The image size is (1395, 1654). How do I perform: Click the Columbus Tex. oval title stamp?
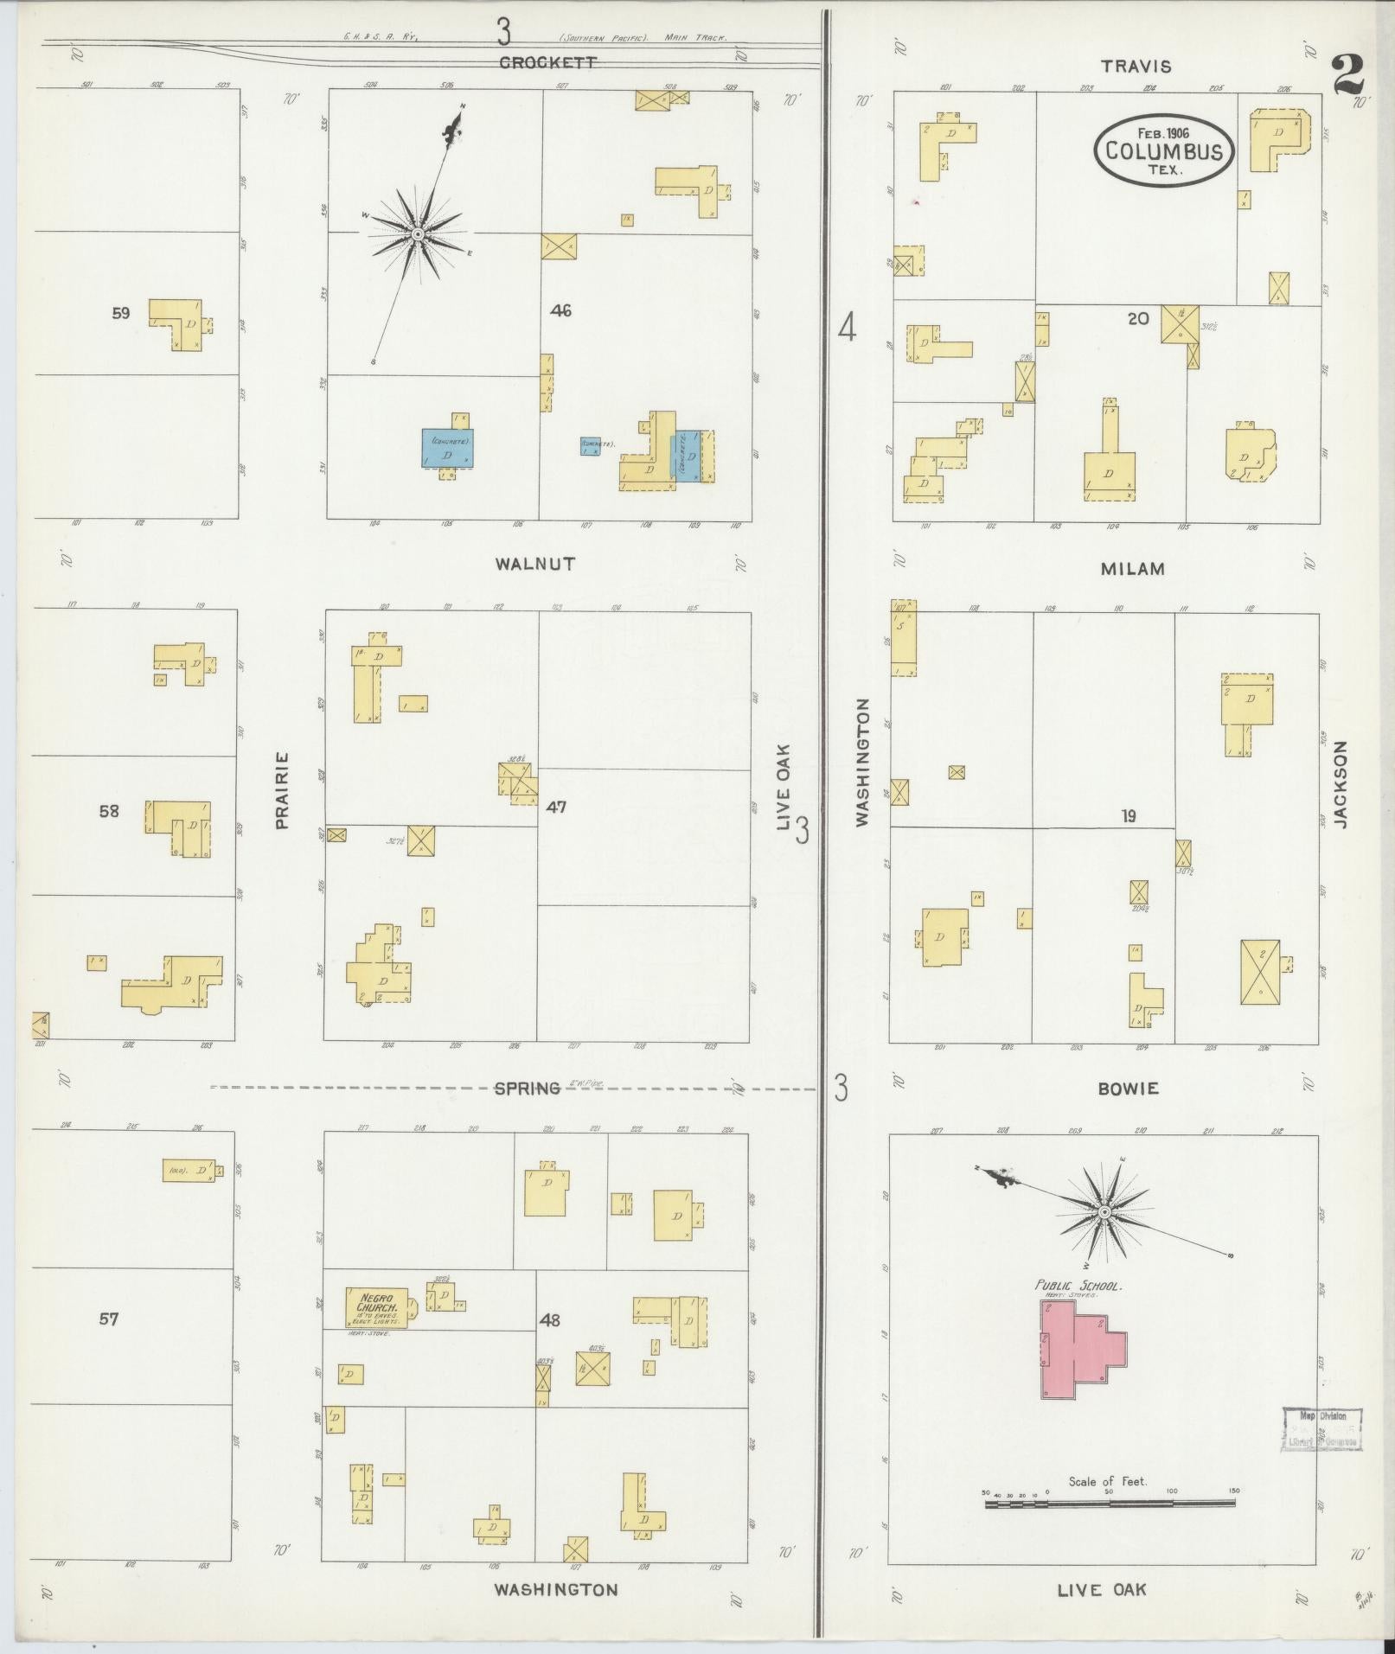pos(1163,150)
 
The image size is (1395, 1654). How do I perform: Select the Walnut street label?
pos(535,564)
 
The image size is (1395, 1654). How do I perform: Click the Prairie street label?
pos(281,790)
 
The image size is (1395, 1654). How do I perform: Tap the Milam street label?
pos(1132,568)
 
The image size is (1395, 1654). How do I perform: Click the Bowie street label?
pos(1128,1089)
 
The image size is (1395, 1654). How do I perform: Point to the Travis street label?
pos(1136,66)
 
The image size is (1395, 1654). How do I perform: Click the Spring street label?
pos(527,1089)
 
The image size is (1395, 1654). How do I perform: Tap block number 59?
pos(120,313)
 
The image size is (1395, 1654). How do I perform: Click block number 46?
pos(560,310)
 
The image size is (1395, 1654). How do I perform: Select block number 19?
pos(1129,815)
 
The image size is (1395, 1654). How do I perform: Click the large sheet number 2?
pos(1347,76)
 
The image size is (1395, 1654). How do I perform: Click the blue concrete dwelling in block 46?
pos(447,448)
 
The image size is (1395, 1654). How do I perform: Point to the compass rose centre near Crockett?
pos(417,234)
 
